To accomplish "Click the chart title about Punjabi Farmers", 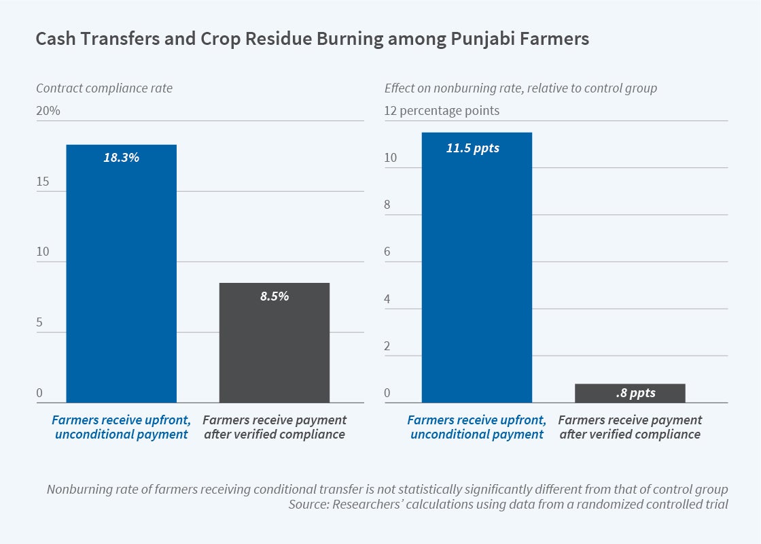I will coord(312,39).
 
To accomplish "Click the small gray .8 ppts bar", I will coord(629,394).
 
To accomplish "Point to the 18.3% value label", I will coord(121,158).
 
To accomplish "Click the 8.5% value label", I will coord(275,296).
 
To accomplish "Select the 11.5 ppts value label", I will coord(473,148).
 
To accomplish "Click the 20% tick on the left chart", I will coord(48,111).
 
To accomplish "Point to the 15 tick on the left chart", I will coord(42,182).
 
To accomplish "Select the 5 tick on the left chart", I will coord(39,322).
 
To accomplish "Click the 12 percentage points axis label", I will coord(442,111).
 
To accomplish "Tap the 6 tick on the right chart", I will coord(388,252).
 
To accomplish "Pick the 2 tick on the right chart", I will coord(388,346).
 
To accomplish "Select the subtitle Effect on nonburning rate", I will coord(520,88).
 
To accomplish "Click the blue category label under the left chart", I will coord(121,427).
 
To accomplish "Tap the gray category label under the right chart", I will coord(630,427).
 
